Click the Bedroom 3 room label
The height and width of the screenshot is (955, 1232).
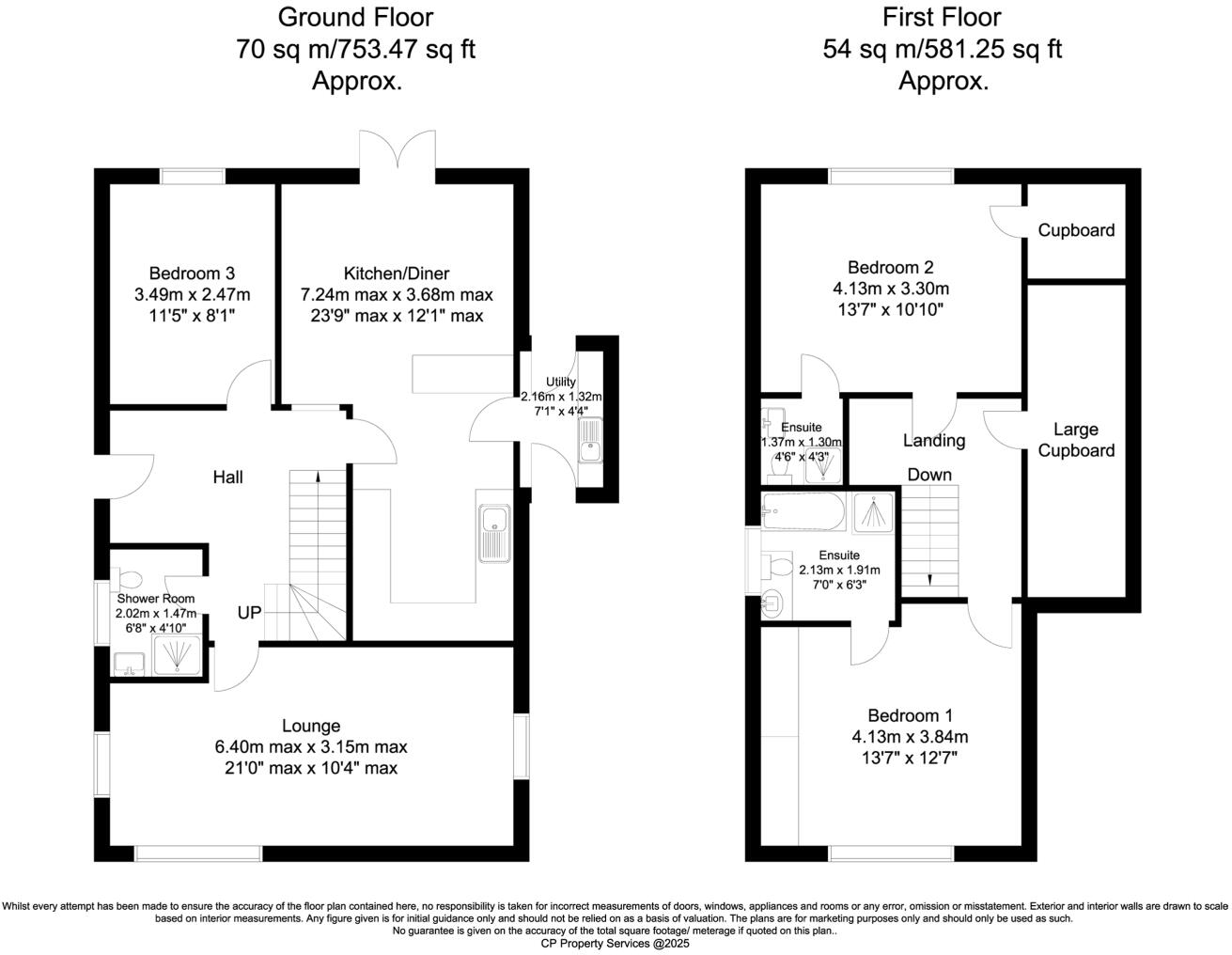[192, 274]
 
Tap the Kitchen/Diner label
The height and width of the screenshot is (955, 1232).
[396, 274]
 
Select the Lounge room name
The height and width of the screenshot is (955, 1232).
[311, 726]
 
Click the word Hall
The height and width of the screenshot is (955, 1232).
[227, 477]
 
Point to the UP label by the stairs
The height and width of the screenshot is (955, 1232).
[249, 613]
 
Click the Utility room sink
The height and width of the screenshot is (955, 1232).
[590, 441]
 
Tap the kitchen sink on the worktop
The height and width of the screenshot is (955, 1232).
[493, 533]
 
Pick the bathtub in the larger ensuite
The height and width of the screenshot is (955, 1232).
[802, 511]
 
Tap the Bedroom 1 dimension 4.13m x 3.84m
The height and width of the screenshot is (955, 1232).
[910, 736]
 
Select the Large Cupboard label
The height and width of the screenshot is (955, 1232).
[1075, 440]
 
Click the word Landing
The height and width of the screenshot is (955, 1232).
[934, 440]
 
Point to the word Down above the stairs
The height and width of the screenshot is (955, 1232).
[929, 475]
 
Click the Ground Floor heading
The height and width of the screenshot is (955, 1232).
[356, 17]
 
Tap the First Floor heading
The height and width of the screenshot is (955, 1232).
[943, 17]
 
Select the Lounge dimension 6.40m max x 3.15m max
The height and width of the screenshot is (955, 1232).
[311, 747]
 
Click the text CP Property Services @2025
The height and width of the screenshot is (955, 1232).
[616, 944]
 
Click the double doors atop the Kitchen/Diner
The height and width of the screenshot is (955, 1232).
[398, 150]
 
